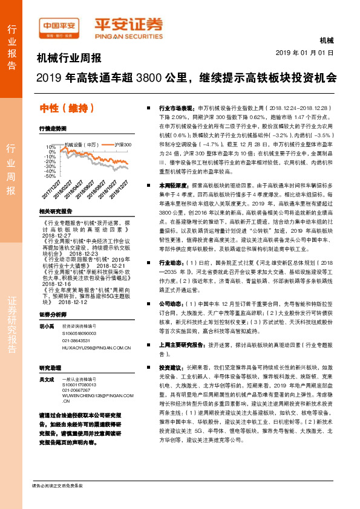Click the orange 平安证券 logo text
pos(128,25)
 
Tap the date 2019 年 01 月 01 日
pos(309,53)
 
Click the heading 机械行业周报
pos(68,59)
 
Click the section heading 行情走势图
pos(53,129)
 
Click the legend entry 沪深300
pos(123,144)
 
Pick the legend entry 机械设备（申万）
pos(81,144)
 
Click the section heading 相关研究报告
pos(55,212)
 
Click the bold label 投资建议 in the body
pos(171,367)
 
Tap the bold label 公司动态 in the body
pos(171,302)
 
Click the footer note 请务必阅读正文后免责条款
pos(57,486)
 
